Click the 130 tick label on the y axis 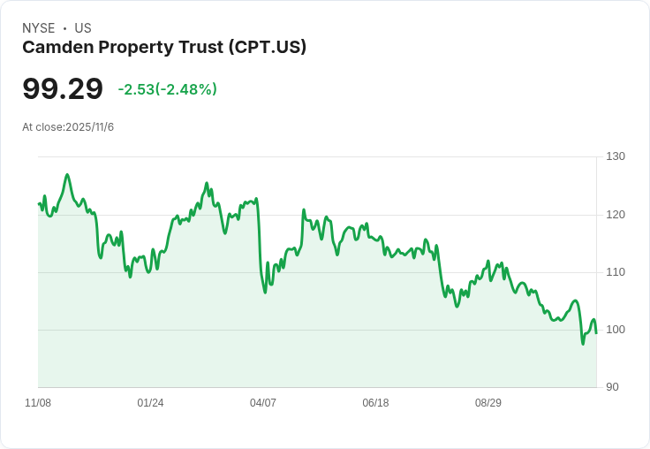(616, 156)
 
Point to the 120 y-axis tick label (616, 215)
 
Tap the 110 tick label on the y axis (616, 272)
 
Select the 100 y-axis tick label (616, 330)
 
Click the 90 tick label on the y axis (612, 387)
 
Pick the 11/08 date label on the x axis (38, 403)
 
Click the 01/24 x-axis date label (150, 403)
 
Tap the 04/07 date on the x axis (263, 403)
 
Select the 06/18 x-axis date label (375, 403)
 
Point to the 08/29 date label (488, 403)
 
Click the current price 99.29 (63, 89)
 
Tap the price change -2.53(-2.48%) (167, 89)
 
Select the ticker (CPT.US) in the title (266, 48)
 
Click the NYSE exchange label (39, 28)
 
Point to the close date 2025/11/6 (89, 127)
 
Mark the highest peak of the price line (67, 175)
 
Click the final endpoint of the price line (596, 332)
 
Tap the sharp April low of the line (265, 293)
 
